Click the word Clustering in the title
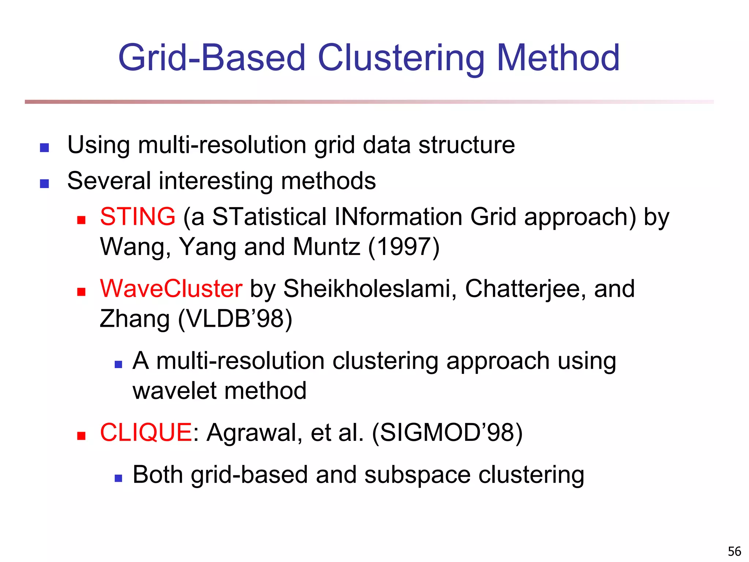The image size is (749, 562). pyautogui.click(x=401, y=59)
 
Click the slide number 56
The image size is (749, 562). pyautogui.click(x=734, y=551)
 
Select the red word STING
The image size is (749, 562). pyautogui.click(x=138, y=217)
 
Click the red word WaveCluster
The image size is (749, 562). pyautogui.click(x=171, y=289)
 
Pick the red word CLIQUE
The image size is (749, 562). pyautogui.click(x=146, y=432)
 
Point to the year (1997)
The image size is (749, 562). pyautogui.click(x=404, y=247)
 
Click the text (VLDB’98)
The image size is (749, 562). pyautogui.click(x=235, y=319)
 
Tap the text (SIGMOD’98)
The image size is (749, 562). pyautogui.click(x=447, y=433)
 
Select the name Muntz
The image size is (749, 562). pyautogui.click(x=326, y=247)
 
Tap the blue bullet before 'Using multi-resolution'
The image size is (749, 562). pyautogui.click(x=44, y=147)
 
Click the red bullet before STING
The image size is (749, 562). pyautogui.click(x=81, y=220)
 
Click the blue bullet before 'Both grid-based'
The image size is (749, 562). pyautogui.click(x=118, y=478)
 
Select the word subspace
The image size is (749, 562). pyautogui.click(x=417, y=475)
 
